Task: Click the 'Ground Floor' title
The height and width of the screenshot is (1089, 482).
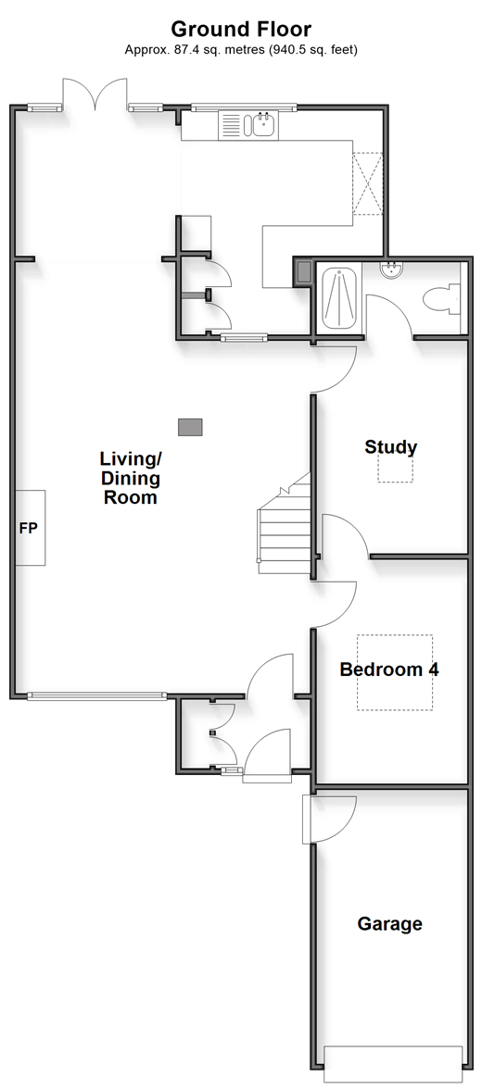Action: click(x=241, y=29)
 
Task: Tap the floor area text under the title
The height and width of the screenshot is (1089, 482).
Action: click(x=241, y=49)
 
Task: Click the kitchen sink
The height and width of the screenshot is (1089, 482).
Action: click(x=263, y=126)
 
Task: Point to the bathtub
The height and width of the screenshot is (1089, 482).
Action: click(x=340, y=298)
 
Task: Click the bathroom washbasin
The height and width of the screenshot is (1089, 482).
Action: click(x=392, y=269)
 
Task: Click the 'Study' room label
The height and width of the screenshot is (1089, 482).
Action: click(x=391, y=447)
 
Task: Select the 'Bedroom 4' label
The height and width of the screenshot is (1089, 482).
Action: click(x=388, y=670)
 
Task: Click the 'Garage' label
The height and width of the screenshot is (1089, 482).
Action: click(x=389, y=924)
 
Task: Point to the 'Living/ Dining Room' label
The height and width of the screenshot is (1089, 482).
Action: click(x=130, y=478)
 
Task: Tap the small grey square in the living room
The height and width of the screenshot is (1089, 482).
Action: click(x=190, y=426)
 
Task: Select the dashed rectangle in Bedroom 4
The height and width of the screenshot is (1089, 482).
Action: click(x=395, y=672)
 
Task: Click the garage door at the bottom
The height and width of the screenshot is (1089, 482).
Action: click(x=393, y=1055)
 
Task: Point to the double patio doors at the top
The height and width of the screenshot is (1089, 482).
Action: click(x=95, y=93)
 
